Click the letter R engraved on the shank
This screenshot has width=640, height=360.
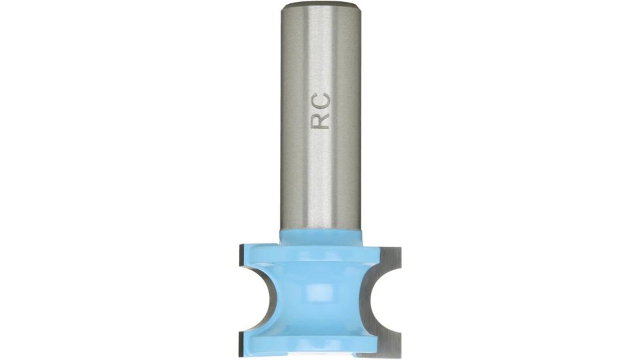point(321,120)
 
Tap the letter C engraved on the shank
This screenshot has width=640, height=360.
point(321,101)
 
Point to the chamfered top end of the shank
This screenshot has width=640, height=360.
point(321,6)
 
